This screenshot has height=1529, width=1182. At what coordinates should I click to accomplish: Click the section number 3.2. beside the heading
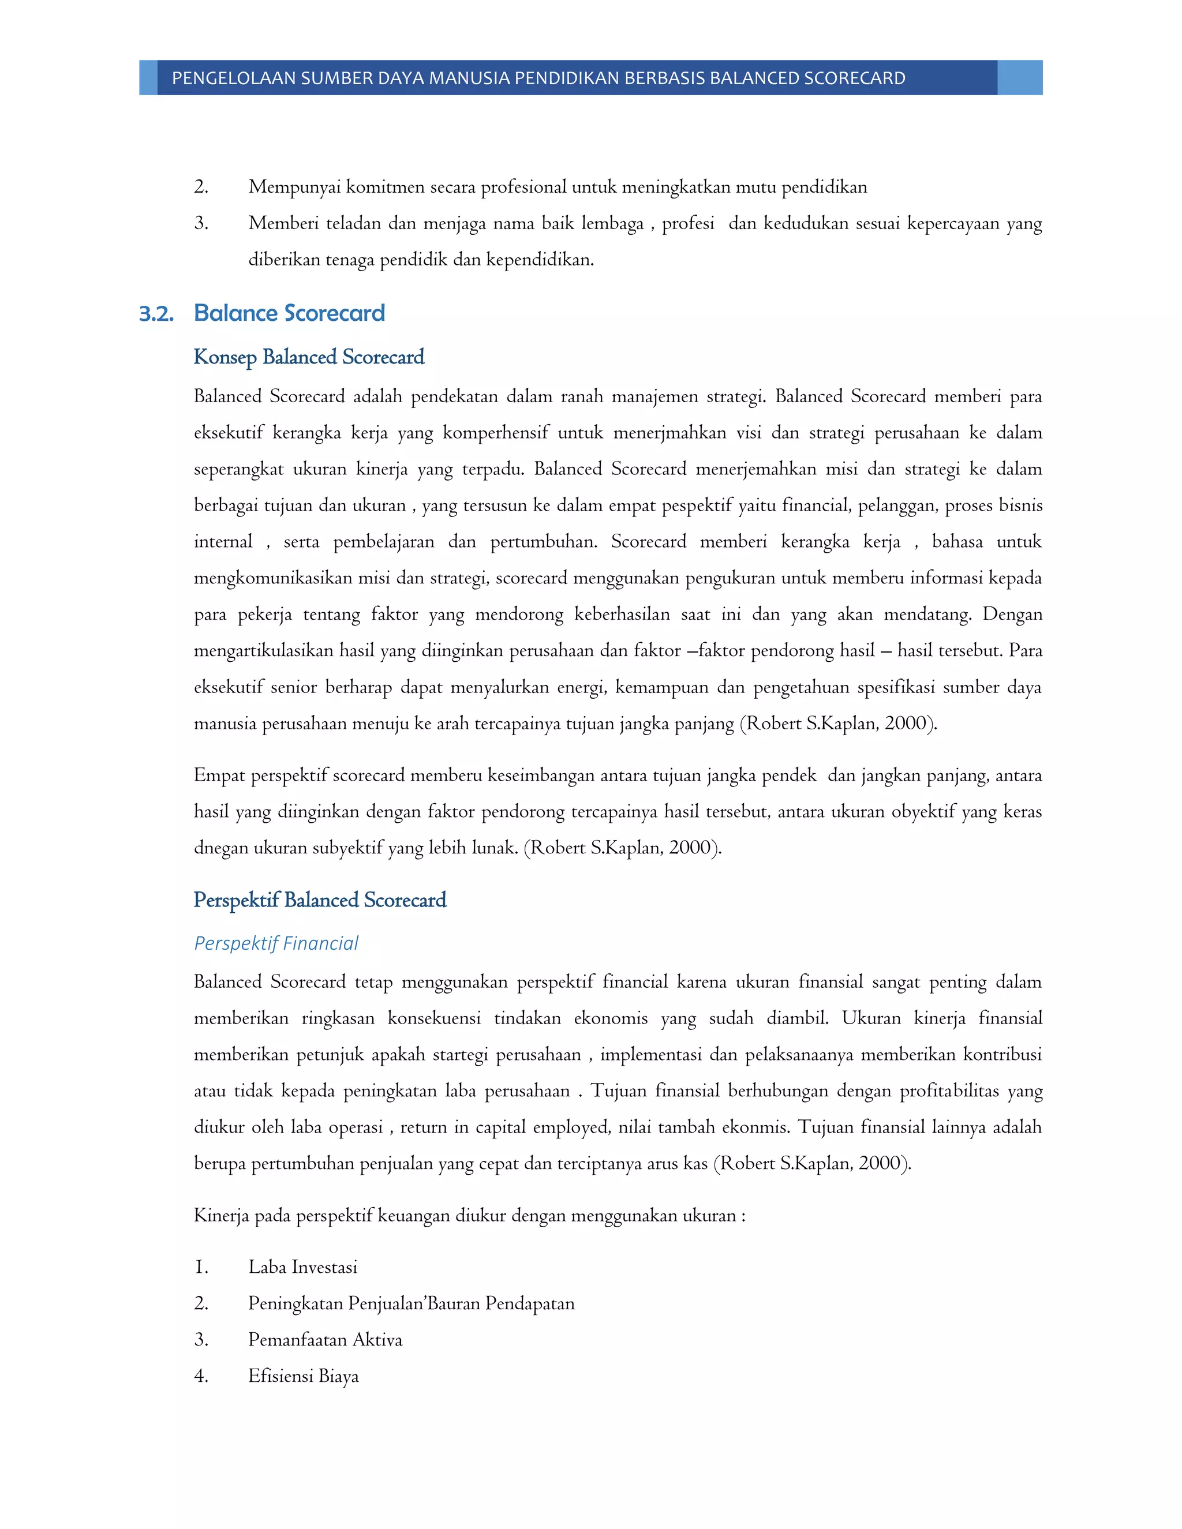[156, 314]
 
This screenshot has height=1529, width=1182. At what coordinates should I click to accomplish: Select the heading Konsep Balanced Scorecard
[309, 357]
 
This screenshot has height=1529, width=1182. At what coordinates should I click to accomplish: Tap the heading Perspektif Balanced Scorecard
[319, 900]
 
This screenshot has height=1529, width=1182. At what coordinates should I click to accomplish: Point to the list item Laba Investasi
[302, 1267]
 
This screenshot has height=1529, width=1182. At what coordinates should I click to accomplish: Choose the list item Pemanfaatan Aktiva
[325, 1340]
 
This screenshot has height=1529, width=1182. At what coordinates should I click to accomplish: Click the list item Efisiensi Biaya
[303, 1376]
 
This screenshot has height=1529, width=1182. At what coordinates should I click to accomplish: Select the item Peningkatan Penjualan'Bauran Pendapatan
[411, 1303]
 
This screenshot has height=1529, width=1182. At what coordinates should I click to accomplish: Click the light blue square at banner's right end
[1020, 78]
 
